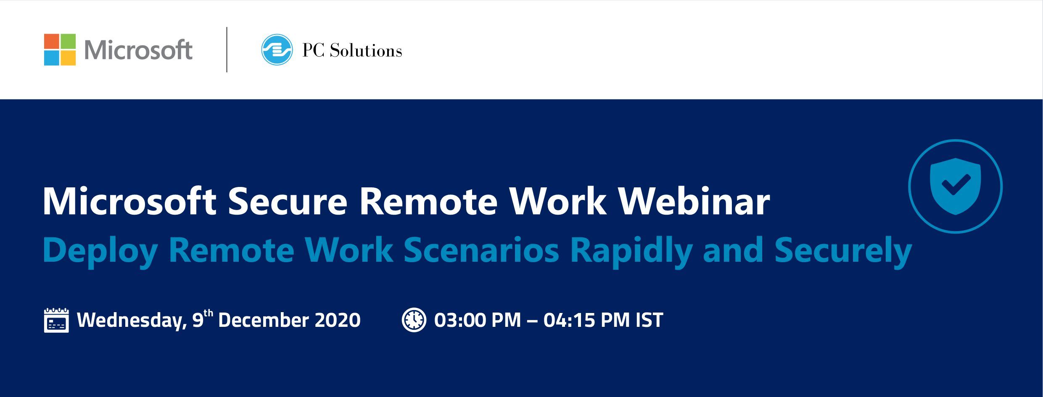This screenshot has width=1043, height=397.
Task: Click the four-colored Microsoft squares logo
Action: pos(60,50)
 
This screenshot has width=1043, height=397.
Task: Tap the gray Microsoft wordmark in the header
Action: pos(138,50)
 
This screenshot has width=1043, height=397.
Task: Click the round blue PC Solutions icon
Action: pos(277,50)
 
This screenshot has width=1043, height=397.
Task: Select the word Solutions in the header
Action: pos(366,51)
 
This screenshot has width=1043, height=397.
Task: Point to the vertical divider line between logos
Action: pos(227,50)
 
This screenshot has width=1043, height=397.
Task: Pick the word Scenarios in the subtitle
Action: pos(481,250)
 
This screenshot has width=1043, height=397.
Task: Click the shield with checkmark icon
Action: pos(955,186)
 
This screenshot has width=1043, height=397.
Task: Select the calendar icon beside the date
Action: pos(56,320)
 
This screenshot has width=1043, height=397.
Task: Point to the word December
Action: pos(263,320)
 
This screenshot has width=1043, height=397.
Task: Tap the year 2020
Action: pos(338,320)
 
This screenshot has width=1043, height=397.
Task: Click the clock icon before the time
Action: pos(414,320)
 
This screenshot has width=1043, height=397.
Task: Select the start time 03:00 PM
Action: pos(478,320)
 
